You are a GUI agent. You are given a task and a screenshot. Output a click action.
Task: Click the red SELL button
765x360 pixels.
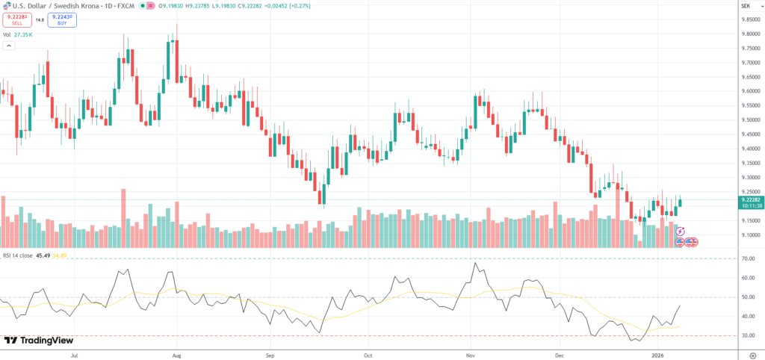point(16,20)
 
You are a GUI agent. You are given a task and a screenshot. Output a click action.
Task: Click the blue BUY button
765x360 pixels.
point(61,20)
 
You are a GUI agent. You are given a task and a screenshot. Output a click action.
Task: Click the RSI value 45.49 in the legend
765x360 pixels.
point(43,255)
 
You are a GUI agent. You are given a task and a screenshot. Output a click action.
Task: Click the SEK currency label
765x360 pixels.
point(745,6)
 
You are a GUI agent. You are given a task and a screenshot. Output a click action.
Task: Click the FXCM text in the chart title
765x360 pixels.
point(126,6)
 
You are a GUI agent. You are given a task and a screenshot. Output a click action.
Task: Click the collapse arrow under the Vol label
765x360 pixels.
point(9,46)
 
